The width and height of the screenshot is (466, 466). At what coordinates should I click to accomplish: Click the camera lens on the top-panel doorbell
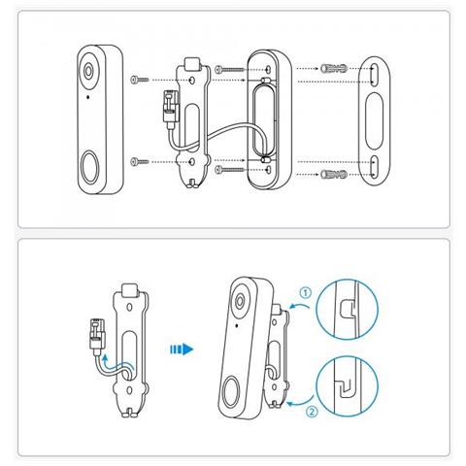coord(88,71)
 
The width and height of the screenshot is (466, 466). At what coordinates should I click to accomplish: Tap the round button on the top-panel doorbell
coord(89,168)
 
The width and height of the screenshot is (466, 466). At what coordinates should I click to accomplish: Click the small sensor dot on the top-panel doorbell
coord(88,97)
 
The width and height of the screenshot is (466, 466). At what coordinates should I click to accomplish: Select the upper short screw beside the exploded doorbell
coord(139,80)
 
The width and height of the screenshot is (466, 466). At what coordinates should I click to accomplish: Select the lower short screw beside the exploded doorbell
coord(139,161)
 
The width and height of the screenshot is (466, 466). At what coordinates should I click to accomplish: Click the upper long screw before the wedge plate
coord(229,69)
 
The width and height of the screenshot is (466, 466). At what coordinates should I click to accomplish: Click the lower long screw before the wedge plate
coord(229,169)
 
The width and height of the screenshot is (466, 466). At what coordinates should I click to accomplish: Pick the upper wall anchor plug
coord(334,68)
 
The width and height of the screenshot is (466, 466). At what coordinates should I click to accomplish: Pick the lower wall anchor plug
coord(334,175)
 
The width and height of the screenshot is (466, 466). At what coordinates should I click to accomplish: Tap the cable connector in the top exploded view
coord(170,106)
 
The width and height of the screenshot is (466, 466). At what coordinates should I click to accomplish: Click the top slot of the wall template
coord(374,76)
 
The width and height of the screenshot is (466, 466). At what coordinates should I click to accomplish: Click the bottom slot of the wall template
coord(374,166)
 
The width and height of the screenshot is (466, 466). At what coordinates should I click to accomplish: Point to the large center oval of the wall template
coord(374,121)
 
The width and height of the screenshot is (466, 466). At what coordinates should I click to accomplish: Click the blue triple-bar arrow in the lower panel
coord(182,349)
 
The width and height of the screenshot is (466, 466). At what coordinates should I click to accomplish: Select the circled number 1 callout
coord(305,293)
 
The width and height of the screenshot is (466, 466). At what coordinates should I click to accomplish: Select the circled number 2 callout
coord(312,412)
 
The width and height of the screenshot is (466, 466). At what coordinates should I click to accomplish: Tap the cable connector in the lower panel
coord(97,335)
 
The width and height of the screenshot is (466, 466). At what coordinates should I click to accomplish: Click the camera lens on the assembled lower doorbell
coord(240,301)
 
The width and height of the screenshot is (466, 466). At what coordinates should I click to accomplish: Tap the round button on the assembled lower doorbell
coord(231,391)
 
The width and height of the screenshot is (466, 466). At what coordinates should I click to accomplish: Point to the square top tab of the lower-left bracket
coord(130,290)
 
